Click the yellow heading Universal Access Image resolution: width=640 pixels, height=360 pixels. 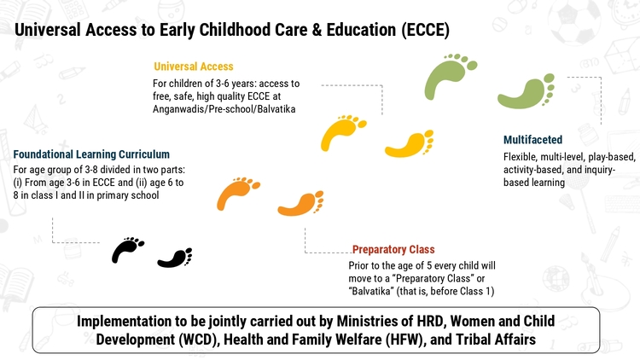click(194, 67)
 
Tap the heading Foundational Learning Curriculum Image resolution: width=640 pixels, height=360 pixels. click(91, 154)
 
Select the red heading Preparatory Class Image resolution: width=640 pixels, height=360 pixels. click(393, 249)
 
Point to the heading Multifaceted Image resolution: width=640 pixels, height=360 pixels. click(532, 140)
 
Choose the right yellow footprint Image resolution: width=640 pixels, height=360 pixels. click(410, 144)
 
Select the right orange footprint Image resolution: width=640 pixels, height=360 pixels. click(301, 204)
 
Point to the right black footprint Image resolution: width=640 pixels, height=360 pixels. click(176, 258)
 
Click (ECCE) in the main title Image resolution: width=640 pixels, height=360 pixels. click(425, 30)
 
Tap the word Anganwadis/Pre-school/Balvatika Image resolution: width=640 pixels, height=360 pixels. click(224, 109)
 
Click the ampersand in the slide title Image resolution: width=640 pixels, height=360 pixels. click(317, 30)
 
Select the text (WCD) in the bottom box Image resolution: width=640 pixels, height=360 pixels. click(199, 340)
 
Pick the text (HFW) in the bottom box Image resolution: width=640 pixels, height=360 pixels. click(404, 340)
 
